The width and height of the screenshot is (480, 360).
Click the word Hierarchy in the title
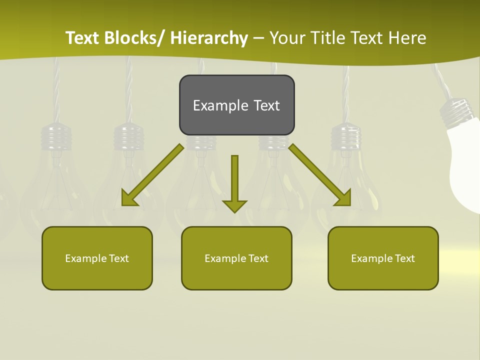coord(209,38)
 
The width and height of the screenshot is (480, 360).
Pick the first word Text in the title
coord(83,38)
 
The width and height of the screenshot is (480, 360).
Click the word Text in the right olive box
coord(404,258)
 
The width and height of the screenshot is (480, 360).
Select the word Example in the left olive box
coord(85,258)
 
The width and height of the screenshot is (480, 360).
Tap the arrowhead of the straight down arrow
coord(234,205)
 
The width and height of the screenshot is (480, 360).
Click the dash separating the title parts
coord(258,38)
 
